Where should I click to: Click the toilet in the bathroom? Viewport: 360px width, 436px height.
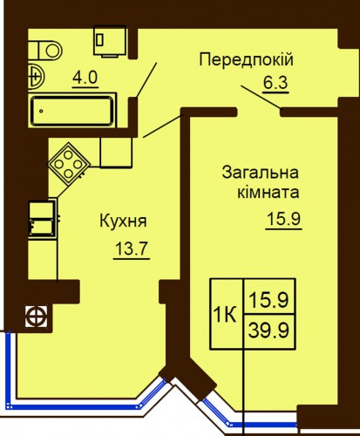pos(45,50)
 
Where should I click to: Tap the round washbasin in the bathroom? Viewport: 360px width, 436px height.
pos(37,77)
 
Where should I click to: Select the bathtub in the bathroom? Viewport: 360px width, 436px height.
pos(72,111)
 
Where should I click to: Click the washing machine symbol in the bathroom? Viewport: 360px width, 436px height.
pos(110,41)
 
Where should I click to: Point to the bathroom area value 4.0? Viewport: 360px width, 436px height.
pos(85,78)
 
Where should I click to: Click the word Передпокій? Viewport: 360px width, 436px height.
pos(247,60)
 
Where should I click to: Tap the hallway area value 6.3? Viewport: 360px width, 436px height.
pos(275,83)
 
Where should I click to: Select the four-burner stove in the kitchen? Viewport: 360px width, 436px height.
pos(69,164)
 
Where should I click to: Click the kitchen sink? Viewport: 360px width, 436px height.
pos(43,218)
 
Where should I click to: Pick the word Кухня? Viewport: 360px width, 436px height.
pos(124,221)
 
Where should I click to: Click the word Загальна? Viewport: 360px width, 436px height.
pos(261,173)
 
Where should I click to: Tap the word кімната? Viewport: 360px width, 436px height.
pos(268,193)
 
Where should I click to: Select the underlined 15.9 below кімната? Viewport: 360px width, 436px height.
pos(283,219)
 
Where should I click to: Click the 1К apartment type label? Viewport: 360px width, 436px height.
pos(224,315)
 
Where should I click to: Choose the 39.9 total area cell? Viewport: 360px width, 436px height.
pos(268,331)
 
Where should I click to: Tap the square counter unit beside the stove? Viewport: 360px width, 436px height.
pos(116,153)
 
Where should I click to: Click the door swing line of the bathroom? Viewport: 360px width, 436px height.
pos(146,80)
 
